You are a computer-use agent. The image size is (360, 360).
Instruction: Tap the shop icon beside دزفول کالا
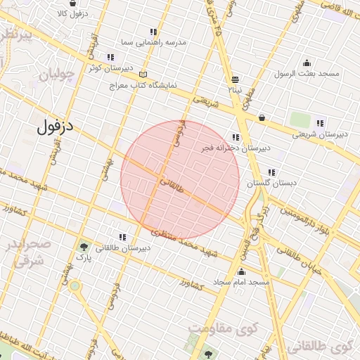[x=73, y=3]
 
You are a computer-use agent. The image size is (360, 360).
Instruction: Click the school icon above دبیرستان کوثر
[x=110, y=57]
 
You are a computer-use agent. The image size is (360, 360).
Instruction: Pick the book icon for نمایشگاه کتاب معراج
[x=144, y=75]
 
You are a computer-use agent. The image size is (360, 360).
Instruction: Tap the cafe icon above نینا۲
[x=235, y=79]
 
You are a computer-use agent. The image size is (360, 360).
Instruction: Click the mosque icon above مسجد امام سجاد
[x=242, y=271]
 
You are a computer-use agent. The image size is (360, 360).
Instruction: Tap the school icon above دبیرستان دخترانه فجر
[x=236, y=137]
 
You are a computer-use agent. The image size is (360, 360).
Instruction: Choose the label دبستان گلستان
[x=271, y=183]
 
